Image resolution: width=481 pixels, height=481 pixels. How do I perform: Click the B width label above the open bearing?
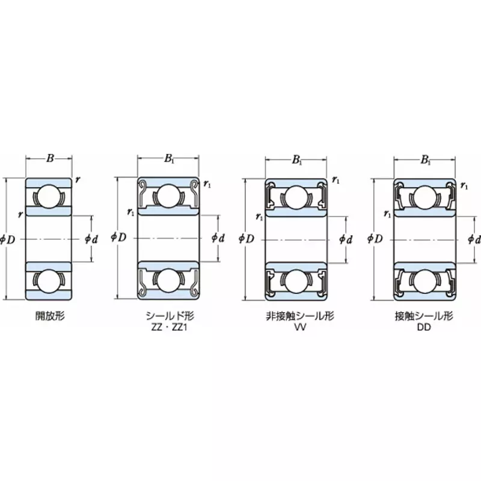tap(50, 159)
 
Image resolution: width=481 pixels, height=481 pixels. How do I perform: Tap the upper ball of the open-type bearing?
tap(49, 197)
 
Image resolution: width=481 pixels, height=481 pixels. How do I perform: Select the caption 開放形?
tap(49, 314)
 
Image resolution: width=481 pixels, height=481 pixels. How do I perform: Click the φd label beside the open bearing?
tap(91, 239)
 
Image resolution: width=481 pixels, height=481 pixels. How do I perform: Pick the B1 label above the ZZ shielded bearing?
tap(170, 159)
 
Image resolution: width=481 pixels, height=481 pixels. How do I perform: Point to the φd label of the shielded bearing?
tap(218, 239)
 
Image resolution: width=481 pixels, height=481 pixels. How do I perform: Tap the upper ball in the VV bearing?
tap(296, 197)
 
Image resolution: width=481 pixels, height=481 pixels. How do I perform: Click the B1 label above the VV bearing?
tap(297, 160)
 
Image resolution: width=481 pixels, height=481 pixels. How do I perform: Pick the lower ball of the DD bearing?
tap(425, 280)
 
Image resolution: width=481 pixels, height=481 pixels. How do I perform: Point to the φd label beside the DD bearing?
tap(474, 239)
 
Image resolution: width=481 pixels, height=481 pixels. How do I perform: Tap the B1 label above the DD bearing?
tap(426, 160)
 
